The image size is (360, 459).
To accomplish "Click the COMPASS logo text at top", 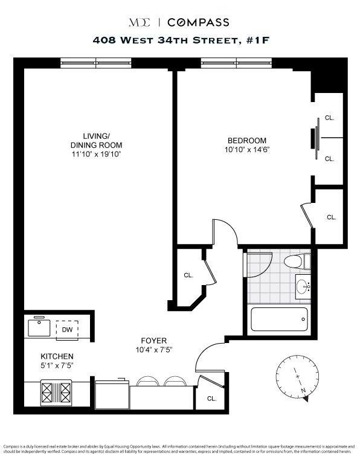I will click(198, 22).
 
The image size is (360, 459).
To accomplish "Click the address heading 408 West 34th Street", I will click(179, 41).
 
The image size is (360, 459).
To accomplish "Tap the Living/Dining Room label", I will click(96, 140).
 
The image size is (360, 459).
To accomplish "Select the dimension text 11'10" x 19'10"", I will click(96, 155).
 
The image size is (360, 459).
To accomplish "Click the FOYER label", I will click(154, 341).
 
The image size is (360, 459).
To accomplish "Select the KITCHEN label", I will click(57, 356).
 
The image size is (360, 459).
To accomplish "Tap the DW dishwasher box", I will click(67, 330).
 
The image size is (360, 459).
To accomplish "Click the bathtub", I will click(279, 318).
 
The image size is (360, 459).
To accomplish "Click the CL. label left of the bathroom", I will click(188, 275).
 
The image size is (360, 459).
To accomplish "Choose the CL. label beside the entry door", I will click(211, 399).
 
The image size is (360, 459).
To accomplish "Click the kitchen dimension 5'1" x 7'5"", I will click(57, 365).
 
